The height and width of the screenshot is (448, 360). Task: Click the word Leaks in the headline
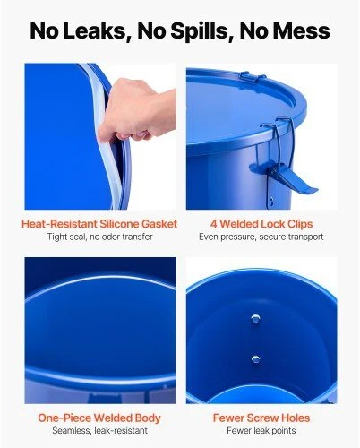95,31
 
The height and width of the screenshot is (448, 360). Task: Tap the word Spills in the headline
183,31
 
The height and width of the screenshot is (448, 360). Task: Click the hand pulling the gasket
137,110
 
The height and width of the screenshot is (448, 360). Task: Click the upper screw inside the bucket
255,318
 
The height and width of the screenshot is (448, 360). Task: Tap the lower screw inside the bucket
255,359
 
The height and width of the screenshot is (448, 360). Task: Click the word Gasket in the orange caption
159,224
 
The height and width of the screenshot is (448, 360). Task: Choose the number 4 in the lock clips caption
213,224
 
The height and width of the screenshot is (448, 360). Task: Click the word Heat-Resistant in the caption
59,224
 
